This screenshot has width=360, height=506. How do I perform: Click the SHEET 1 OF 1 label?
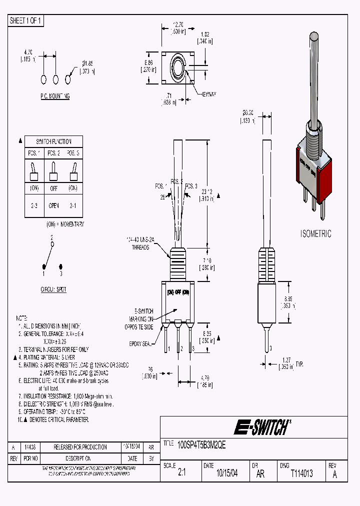26,20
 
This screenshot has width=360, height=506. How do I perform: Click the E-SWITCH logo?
261,427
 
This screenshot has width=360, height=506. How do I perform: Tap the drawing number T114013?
301,473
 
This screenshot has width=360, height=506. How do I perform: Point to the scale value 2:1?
181,473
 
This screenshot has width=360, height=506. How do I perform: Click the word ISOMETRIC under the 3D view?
315,233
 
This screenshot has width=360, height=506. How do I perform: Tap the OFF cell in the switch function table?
53,188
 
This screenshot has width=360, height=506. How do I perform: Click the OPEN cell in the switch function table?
53,205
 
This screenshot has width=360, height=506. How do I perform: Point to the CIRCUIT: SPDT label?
53,289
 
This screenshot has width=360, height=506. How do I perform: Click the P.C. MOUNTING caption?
55,96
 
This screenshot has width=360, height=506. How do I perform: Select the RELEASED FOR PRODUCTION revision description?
80,447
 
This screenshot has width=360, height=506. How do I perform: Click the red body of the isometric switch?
323,175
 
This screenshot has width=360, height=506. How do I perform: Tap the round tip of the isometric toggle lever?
314,36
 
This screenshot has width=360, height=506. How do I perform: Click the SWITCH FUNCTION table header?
53,141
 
